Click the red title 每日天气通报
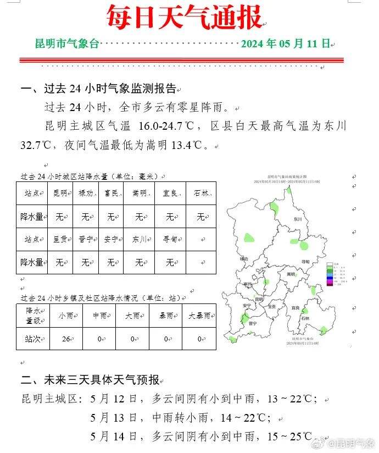pos(184,18)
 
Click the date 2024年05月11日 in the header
pos(285,43)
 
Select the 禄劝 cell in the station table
pos(86,193)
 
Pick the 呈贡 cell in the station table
pos(60,239)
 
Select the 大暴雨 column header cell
pos(199,316)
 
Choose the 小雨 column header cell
pos(66,316)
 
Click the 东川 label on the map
pos(298,219)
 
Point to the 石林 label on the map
pos(305,318)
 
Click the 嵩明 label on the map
pos(291,273)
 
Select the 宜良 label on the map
pos(296,307)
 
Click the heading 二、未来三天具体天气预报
pos(90,380)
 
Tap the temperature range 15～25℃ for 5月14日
pos(289,437)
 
